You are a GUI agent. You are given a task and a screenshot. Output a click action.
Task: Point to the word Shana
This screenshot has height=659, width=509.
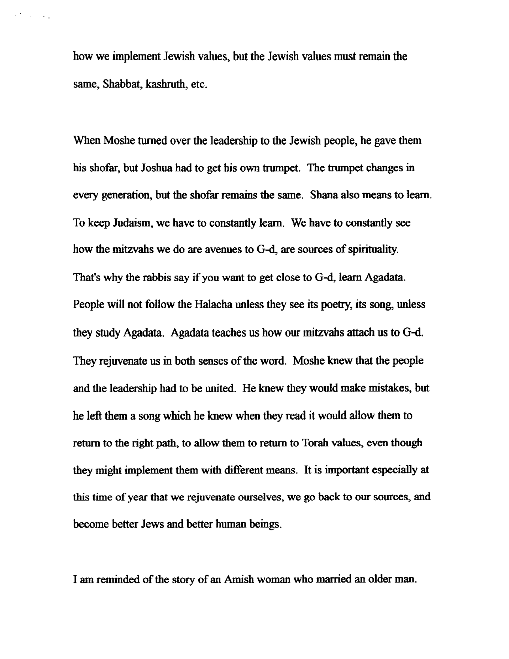322,195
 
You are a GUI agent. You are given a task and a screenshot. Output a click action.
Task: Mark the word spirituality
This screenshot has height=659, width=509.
372,250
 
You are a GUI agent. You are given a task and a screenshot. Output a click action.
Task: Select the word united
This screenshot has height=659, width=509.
220,388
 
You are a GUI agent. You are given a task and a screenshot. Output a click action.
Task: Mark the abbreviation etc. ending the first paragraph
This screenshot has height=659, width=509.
199,85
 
